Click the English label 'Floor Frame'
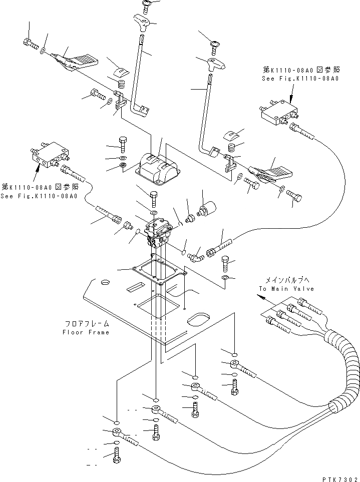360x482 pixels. (86, 332)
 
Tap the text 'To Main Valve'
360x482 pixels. (286, 289)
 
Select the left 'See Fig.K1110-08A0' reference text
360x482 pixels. (39, 196)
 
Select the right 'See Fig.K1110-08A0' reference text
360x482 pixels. (300, 79)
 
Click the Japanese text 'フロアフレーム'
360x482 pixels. (86, 324)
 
